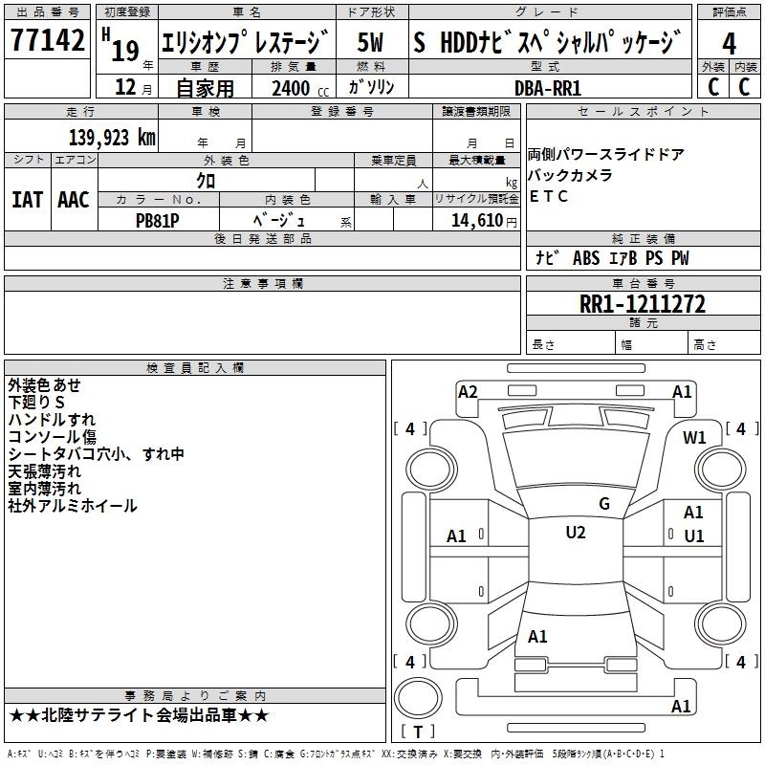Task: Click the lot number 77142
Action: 47,39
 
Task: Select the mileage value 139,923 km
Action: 112,138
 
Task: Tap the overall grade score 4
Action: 729,44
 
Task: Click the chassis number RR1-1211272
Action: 643,304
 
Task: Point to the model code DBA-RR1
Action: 548,88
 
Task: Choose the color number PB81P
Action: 157,221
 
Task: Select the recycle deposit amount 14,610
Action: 476,220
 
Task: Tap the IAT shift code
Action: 28,200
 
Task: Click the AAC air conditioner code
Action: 74,200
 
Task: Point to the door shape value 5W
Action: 370,42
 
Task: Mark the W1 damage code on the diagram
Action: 694,437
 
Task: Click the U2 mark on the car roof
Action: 576,533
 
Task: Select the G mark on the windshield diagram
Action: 604,504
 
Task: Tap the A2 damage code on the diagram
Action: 468,392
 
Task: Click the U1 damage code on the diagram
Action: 694,536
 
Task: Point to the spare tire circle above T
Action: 418,698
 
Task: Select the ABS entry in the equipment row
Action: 586,258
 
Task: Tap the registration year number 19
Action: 125,51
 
